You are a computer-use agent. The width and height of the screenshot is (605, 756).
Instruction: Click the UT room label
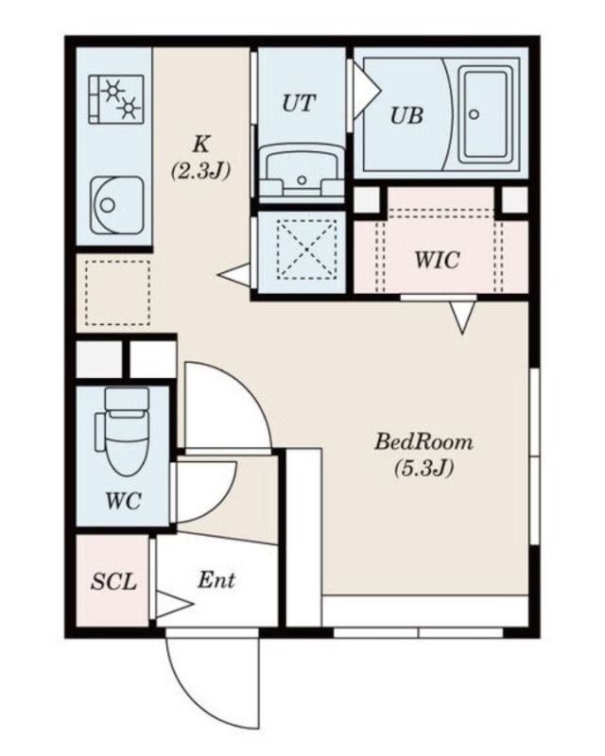(299, 103)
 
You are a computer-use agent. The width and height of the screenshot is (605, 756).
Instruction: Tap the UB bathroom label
(406, 115)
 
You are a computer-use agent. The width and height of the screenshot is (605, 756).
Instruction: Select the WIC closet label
(437, 261)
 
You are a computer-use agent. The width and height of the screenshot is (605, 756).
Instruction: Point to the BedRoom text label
(424, 442)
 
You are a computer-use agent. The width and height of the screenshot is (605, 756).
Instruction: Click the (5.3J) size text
(424, 468)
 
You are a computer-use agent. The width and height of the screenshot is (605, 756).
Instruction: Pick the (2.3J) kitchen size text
(200, 170)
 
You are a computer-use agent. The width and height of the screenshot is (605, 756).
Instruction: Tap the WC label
(124, 502)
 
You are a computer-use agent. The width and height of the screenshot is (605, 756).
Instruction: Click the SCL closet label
(113, 582)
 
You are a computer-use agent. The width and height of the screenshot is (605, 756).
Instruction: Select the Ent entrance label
(216, 580)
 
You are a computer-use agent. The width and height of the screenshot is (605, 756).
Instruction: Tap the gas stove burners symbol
(116, 98)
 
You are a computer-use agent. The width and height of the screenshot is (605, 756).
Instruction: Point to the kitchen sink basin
(117, 205)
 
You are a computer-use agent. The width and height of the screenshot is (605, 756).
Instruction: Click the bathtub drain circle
(475, 114)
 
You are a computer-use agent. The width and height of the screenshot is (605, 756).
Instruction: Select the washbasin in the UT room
(302, 174)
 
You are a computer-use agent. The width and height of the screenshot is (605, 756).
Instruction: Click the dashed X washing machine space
(307, 249)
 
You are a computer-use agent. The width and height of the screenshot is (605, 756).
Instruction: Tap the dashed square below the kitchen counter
(118, 293)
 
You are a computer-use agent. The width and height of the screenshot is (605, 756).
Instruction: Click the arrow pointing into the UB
(367, 91)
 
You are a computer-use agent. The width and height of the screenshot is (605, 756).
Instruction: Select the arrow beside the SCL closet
(174, 604)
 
